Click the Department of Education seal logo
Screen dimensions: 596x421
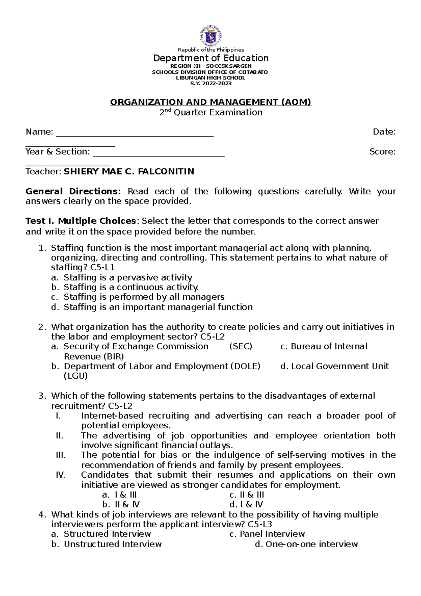[210, 35]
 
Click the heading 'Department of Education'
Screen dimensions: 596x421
[210, 58]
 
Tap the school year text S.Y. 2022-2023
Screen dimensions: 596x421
[210, 84]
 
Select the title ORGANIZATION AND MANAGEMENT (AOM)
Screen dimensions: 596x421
[210, 102]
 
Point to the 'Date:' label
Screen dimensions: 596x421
[384, 132]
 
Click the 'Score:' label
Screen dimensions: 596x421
[382, 152]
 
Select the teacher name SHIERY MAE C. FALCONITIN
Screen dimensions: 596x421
[128, 172]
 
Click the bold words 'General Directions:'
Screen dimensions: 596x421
[73, 192]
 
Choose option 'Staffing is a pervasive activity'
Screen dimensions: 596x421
[128, 278]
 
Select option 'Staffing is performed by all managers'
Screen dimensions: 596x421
[144, 297]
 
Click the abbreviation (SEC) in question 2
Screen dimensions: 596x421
[241, 346]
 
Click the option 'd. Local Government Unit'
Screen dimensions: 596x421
[335, 366]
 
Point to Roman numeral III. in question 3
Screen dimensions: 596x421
[61, 455]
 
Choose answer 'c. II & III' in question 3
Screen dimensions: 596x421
[246, 495]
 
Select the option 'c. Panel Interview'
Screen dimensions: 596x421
[267, 534]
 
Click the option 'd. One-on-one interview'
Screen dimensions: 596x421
[306, 544]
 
